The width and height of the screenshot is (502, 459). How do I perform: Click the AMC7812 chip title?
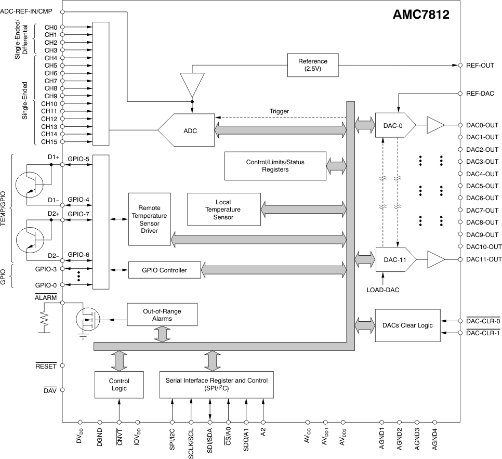point(421,15)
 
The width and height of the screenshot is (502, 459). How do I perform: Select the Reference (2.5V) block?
point(313,65)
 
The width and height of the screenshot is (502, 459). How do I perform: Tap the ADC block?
point(186,130)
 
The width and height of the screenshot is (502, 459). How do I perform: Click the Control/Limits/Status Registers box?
point(275,166)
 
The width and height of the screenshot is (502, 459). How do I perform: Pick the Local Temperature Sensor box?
point(224,209)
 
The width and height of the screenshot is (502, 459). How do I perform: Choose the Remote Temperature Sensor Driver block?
point(150,219)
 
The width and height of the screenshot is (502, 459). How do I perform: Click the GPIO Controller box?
point(165,270)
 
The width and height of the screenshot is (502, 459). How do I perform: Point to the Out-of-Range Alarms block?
point(162,315)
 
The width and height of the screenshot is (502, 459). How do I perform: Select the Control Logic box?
point(119,385)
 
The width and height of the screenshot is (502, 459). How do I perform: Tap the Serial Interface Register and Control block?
point(216,385)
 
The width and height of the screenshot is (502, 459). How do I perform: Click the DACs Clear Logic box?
point(407,325)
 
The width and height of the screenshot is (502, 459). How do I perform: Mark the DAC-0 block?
point(395,125)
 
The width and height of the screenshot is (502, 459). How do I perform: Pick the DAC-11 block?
point(396,259)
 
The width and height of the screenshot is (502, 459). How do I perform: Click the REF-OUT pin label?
point(480,65)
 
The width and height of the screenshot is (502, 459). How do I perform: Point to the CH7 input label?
point(51,81)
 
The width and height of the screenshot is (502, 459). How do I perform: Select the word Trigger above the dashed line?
point(279,111)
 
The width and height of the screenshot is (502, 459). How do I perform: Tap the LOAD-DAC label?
point(383,290)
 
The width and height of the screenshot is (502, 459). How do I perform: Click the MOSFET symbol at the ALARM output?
point(88,319)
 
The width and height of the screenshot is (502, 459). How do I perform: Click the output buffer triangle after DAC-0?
point(435,125)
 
